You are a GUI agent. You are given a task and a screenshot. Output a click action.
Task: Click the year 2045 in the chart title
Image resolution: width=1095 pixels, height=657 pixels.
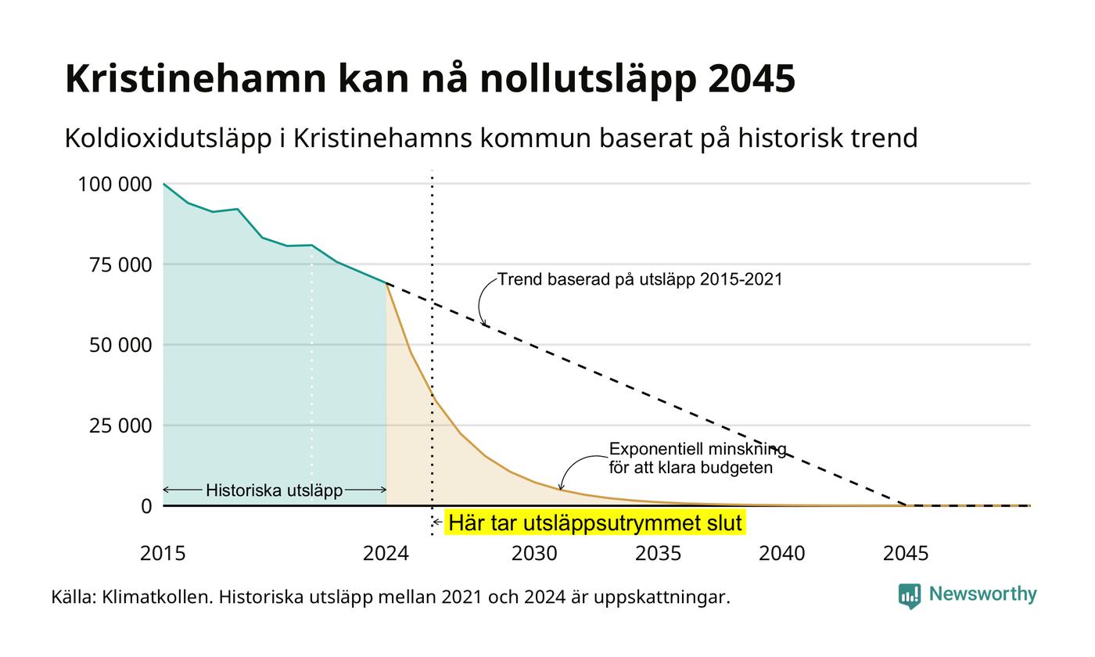(752, 78)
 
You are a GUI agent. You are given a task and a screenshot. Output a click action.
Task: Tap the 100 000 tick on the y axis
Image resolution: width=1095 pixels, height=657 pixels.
(115, 185)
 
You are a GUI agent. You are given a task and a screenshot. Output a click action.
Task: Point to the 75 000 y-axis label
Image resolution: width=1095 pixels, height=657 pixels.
(120, 265)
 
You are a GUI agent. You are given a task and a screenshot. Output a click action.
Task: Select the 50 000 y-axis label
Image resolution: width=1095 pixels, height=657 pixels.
(120, 345)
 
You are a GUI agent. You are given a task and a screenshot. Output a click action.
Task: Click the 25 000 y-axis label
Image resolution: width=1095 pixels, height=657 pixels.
(120, 425)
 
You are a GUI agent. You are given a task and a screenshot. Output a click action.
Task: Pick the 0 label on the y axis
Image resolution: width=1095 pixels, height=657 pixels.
(146, 507)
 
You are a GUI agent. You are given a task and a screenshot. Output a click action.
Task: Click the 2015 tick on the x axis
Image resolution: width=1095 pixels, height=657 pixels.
(163, 554)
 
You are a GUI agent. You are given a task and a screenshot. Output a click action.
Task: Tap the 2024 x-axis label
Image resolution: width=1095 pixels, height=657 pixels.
(386, 554)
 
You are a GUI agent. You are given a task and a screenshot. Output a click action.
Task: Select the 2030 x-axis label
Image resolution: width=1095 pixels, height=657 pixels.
(534, 554)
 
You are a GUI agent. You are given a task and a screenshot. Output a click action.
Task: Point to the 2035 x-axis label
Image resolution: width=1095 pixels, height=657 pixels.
(658, 554)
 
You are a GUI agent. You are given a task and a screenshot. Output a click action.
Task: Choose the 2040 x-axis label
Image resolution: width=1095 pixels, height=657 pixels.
(781, 554)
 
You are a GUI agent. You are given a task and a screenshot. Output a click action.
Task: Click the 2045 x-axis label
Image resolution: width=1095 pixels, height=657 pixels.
(906, 554)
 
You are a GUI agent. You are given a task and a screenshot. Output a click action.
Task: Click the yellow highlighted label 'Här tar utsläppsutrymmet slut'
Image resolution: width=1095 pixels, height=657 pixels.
(595, 522)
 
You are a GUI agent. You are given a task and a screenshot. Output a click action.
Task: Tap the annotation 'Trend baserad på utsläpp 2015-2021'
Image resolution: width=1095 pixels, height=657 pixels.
(640, 280)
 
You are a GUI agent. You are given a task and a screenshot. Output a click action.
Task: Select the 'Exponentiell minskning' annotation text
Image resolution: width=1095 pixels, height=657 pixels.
(698, 449)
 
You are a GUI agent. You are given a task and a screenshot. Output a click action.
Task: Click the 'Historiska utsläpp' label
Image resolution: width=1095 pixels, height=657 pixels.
(275, 490)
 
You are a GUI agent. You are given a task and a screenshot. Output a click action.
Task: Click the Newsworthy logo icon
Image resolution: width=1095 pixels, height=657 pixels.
(909, 596)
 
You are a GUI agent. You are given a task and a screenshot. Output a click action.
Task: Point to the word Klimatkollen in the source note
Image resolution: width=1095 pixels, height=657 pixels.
(157, 597)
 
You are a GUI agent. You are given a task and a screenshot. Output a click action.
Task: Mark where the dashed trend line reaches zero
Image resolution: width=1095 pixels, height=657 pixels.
(907, 505)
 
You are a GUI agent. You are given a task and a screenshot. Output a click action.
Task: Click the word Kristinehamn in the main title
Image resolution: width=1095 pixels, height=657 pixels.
(196, 78)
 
